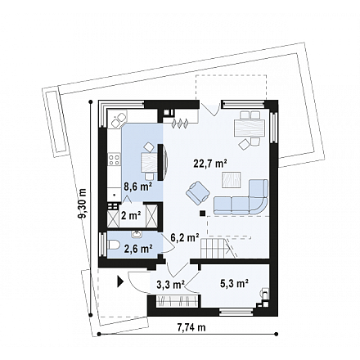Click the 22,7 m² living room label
pyautogui.click(x=210, y=164)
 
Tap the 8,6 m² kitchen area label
pyautogui.click(x=138, y=187)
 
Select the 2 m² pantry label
pyautogui.click(x=131, y=216)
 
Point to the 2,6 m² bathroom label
pyautogui.click(x=138, y=249)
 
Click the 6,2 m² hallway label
pyautogui.click(x=185, y=238)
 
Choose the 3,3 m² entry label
pyautogui.click(x=171, y=285)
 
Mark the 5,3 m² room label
pyautogui.click(x=234, y=284)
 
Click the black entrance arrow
pyautogui.click(x=120, y=281)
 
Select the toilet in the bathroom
pyautogui.click(x=114, y=245)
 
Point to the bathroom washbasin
pyautogui.click(x=136, y=234)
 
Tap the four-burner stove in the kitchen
pyautogui.click(x=115, y=160)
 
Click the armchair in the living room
pyautogui.click(x=198, y=192)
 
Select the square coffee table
pyautogui.click(x=232, y=180)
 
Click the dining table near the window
pyautogui.click(x=250, y=128)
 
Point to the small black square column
pyautogui.click(x=202, y=214)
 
